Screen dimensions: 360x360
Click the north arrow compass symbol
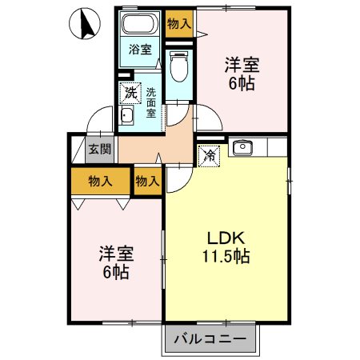(x=85, y=23)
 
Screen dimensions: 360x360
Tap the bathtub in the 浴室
(x=139, y=23)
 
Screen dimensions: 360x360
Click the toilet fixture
(x=179, y=66)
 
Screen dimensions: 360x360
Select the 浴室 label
(x=140, y=50)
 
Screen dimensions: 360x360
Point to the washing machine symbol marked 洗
(x=130, y=93)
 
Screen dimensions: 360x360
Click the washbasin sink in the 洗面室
(x=126, y=115)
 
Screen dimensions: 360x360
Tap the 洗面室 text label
(x=150, y=102)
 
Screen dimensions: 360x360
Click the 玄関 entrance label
(x=100, y=149)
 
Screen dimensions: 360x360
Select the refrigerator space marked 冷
(x=209, y=156)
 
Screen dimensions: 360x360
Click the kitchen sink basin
(x=242, y=148)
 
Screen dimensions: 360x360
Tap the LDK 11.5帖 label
(x=226, y=247)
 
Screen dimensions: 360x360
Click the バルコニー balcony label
(x=210, y=339)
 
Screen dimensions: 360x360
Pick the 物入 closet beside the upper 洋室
(x=179, y=24)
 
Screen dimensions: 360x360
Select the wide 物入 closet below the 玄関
(x=100, y=182)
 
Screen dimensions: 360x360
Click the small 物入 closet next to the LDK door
(x=148, y=182)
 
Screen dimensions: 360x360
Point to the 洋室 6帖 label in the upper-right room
(x=242, y=74)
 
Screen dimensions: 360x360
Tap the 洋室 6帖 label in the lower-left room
(x=117, y=262)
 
